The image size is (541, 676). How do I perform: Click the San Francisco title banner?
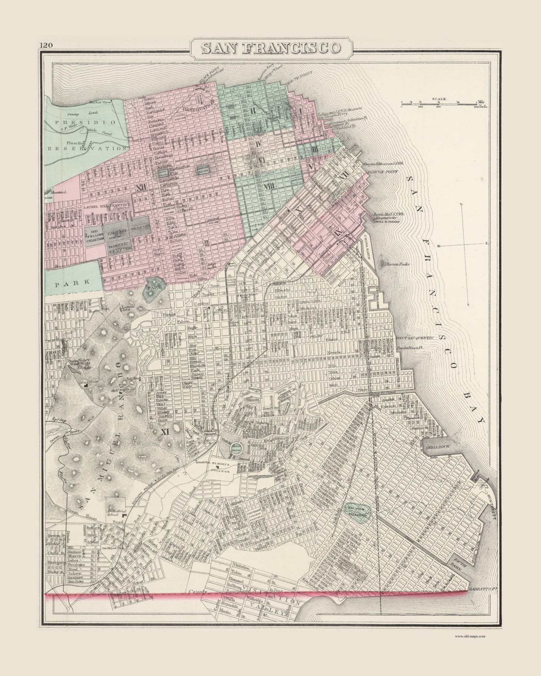[271, 48]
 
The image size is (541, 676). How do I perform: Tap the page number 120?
[46, 45]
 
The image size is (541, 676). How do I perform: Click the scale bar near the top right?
[443, 103]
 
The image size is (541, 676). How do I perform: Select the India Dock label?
[437, 446]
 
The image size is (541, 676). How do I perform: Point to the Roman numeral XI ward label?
[165, 432]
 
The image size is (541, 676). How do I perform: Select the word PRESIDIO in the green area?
[86, 122]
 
